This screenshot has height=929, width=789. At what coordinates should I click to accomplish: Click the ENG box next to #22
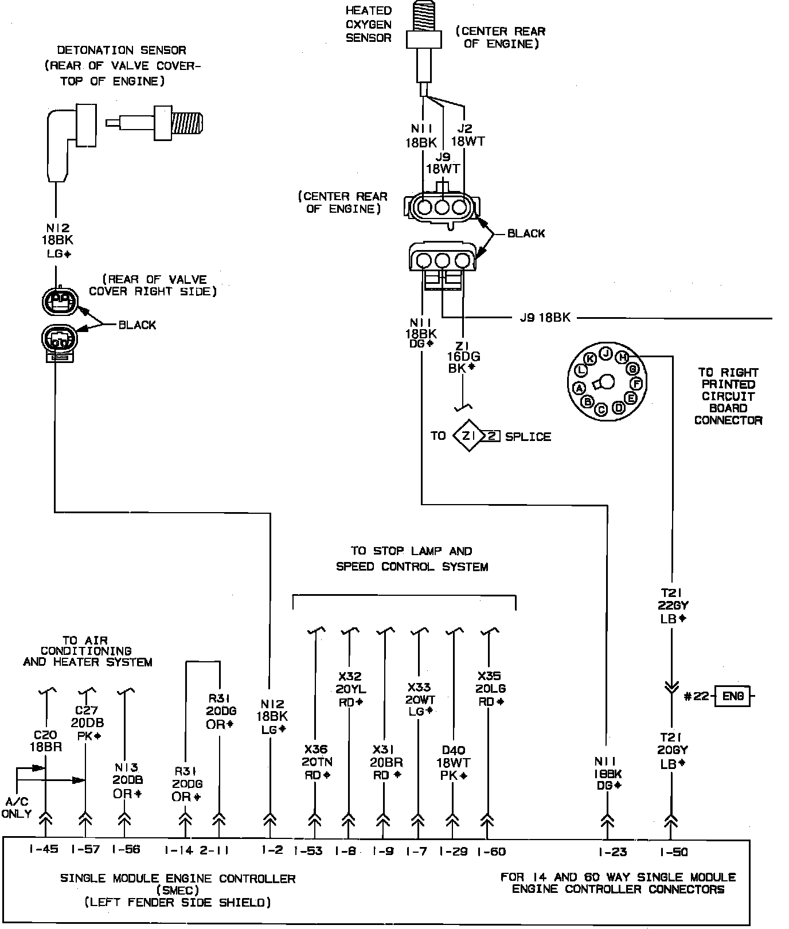coord(732,696)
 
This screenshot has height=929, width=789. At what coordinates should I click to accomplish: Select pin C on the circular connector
coord(601,409)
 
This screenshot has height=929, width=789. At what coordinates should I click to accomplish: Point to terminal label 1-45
coord(44,849)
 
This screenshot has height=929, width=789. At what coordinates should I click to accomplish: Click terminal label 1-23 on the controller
coord(612,852)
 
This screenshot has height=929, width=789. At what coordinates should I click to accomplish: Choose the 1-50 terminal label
coord(673,852)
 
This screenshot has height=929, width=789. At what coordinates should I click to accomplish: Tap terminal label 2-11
coord(214,850)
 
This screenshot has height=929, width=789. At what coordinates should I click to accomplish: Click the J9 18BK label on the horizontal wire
coord(545,317)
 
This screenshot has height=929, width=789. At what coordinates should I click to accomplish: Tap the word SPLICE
coord(528,437)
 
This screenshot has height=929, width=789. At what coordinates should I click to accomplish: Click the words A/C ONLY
coord(17,808)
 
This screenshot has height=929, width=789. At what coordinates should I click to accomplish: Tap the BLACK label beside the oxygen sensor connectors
coord(526,233)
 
